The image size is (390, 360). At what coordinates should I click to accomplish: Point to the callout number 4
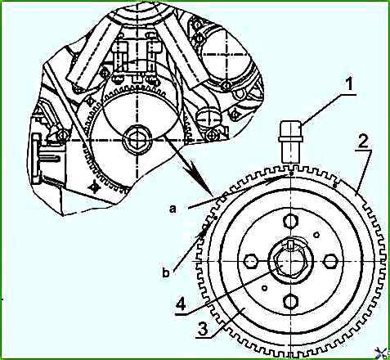pos(182,304)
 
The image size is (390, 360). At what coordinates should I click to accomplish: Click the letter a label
pos(173,209)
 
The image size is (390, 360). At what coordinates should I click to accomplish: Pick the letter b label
pos(166,272)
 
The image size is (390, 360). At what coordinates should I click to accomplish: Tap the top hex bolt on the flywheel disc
pos(291,221)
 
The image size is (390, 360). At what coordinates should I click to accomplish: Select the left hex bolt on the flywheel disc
pos(251,261)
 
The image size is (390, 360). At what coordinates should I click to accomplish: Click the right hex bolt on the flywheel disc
pos(330,261)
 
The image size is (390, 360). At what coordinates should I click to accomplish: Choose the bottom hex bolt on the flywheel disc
pos(291,302)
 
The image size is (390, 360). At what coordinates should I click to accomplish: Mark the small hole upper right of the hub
pos(316,235)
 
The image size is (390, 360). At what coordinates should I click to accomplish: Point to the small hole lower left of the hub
pos(264,288)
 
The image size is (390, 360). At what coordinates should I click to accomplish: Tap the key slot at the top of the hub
pos(291,245)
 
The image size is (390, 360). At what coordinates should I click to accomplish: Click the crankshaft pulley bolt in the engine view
pos(137,140)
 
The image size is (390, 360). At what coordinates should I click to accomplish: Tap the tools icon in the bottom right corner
pos(382,353)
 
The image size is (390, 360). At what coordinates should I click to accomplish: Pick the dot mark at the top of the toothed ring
pos(291,173)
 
